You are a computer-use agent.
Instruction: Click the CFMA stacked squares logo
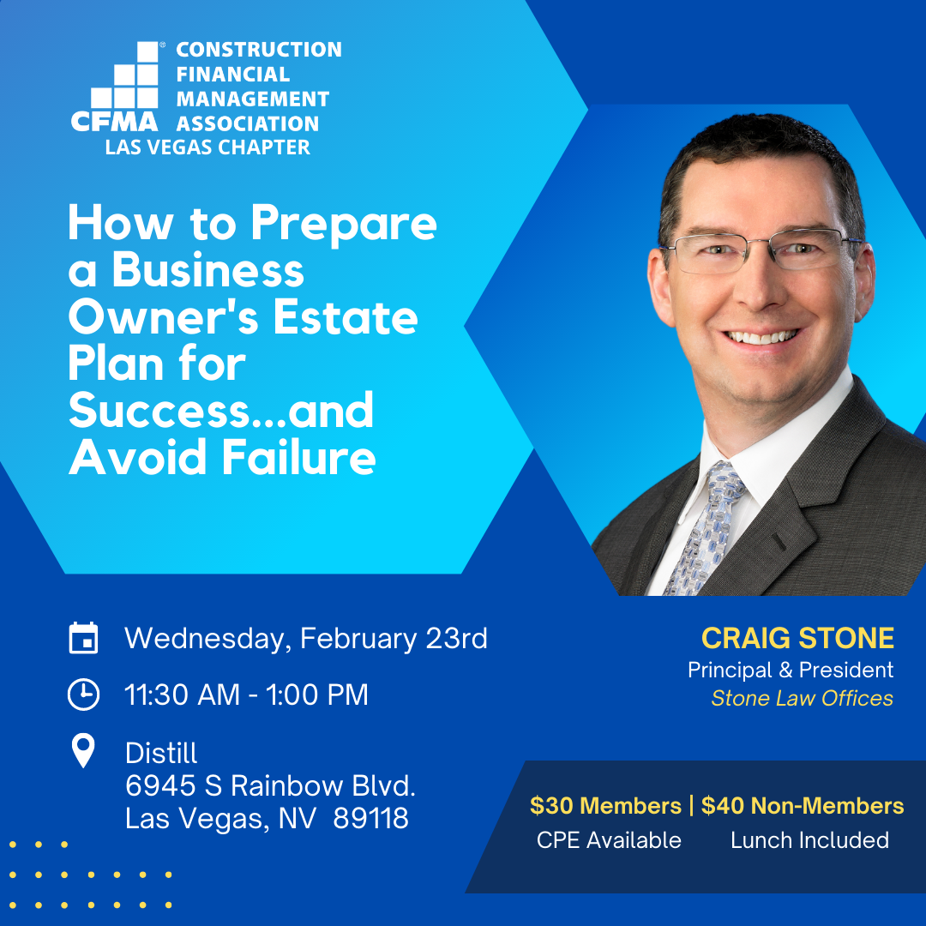pos(115,87)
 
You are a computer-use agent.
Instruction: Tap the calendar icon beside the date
pos(83,638)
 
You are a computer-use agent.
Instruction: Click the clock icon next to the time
pos(83,694)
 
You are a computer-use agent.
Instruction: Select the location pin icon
pos(83,750)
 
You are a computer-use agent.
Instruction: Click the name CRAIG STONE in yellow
pos(797,639)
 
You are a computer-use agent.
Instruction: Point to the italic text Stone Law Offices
pos(802,698)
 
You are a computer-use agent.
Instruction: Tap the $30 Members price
pos(605,805)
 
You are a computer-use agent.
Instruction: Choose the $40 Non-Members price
pos(803,805)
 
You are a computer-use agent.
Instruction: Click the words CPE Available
pos(609,839)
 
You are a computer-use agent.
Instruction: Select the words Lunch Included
pos(809,839)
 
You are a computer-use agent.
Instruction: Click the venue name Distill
pos(161,753)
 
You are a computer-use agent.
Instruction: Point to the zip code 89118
pos(371,818)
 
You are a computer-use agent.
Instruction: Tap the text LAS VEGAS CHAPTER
pos(207,147)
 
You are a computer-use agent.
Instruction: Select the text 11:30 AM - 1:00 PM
pos(246,694)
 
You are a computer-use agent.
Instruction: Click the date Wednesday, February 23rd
pos(306,639)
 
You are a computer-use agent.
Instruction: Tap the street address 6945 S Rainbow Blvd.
pos(270,785)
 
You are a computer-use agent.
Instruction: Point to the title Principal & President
pos(791,670)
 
